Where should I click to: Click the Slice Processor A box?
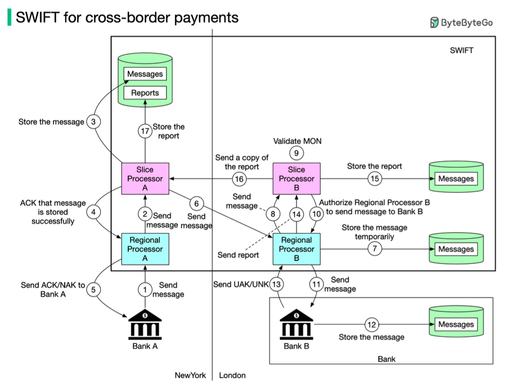coord(145,179)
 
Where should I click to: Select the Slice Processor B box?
coord(297,179)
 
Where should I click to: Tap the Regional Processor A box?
coord(145,249)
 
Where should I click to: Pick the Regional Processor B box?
coord(297,249)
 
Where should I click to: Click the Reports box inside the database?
coord(145,93)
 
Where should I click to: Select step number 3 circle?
coord(94,122)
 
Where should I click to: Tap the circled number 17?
coord(145,131)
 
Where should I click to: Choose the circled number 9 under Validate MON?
coord(297,153)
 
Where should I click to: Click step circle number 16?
coord(240,179)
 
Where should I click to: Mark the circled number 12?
coord(372,324)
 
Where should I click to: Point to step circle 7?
coord(375,249)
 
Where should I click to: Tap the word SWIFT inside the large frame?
coord(461,50)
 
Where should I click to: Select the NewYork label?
coord(190,375)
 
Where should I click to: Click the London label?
coord(232,375)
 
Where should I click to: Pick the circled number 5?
coord(94,290)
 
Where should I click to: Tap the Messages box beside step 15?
coord(456,179)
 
